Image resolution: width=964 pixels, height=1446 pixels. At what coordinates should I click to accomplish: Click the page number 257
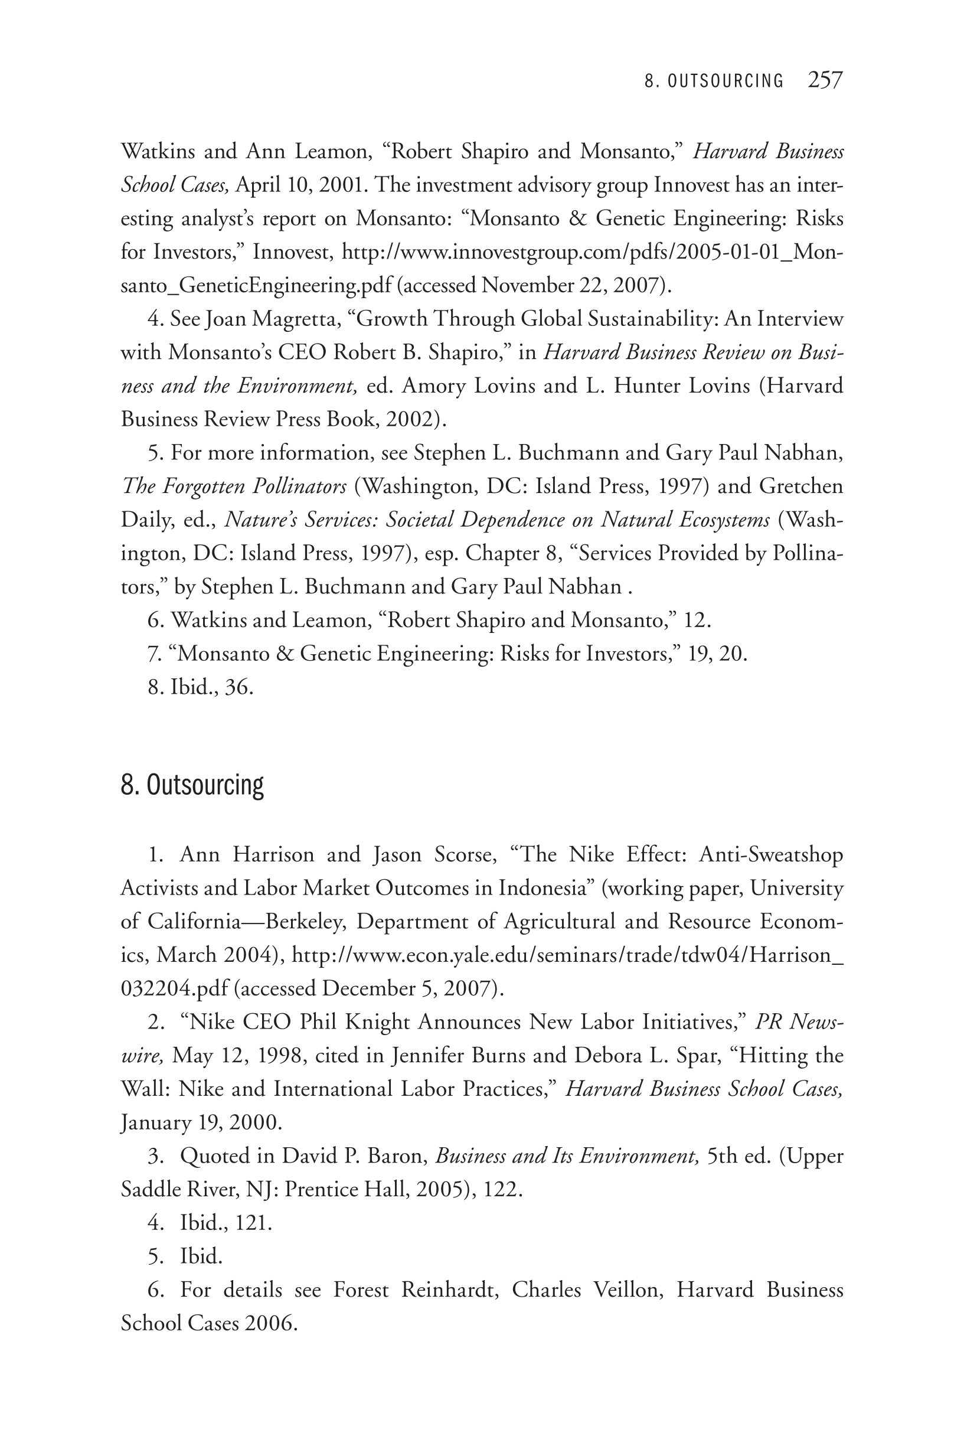pos(825,80)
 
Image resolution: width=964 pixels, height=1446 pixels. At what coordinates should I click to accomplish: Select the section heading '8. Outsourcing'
pos(192,785)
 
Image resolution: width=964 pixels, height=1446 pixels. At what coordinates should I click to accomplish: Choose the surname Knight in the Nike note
pos(377,1022)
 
